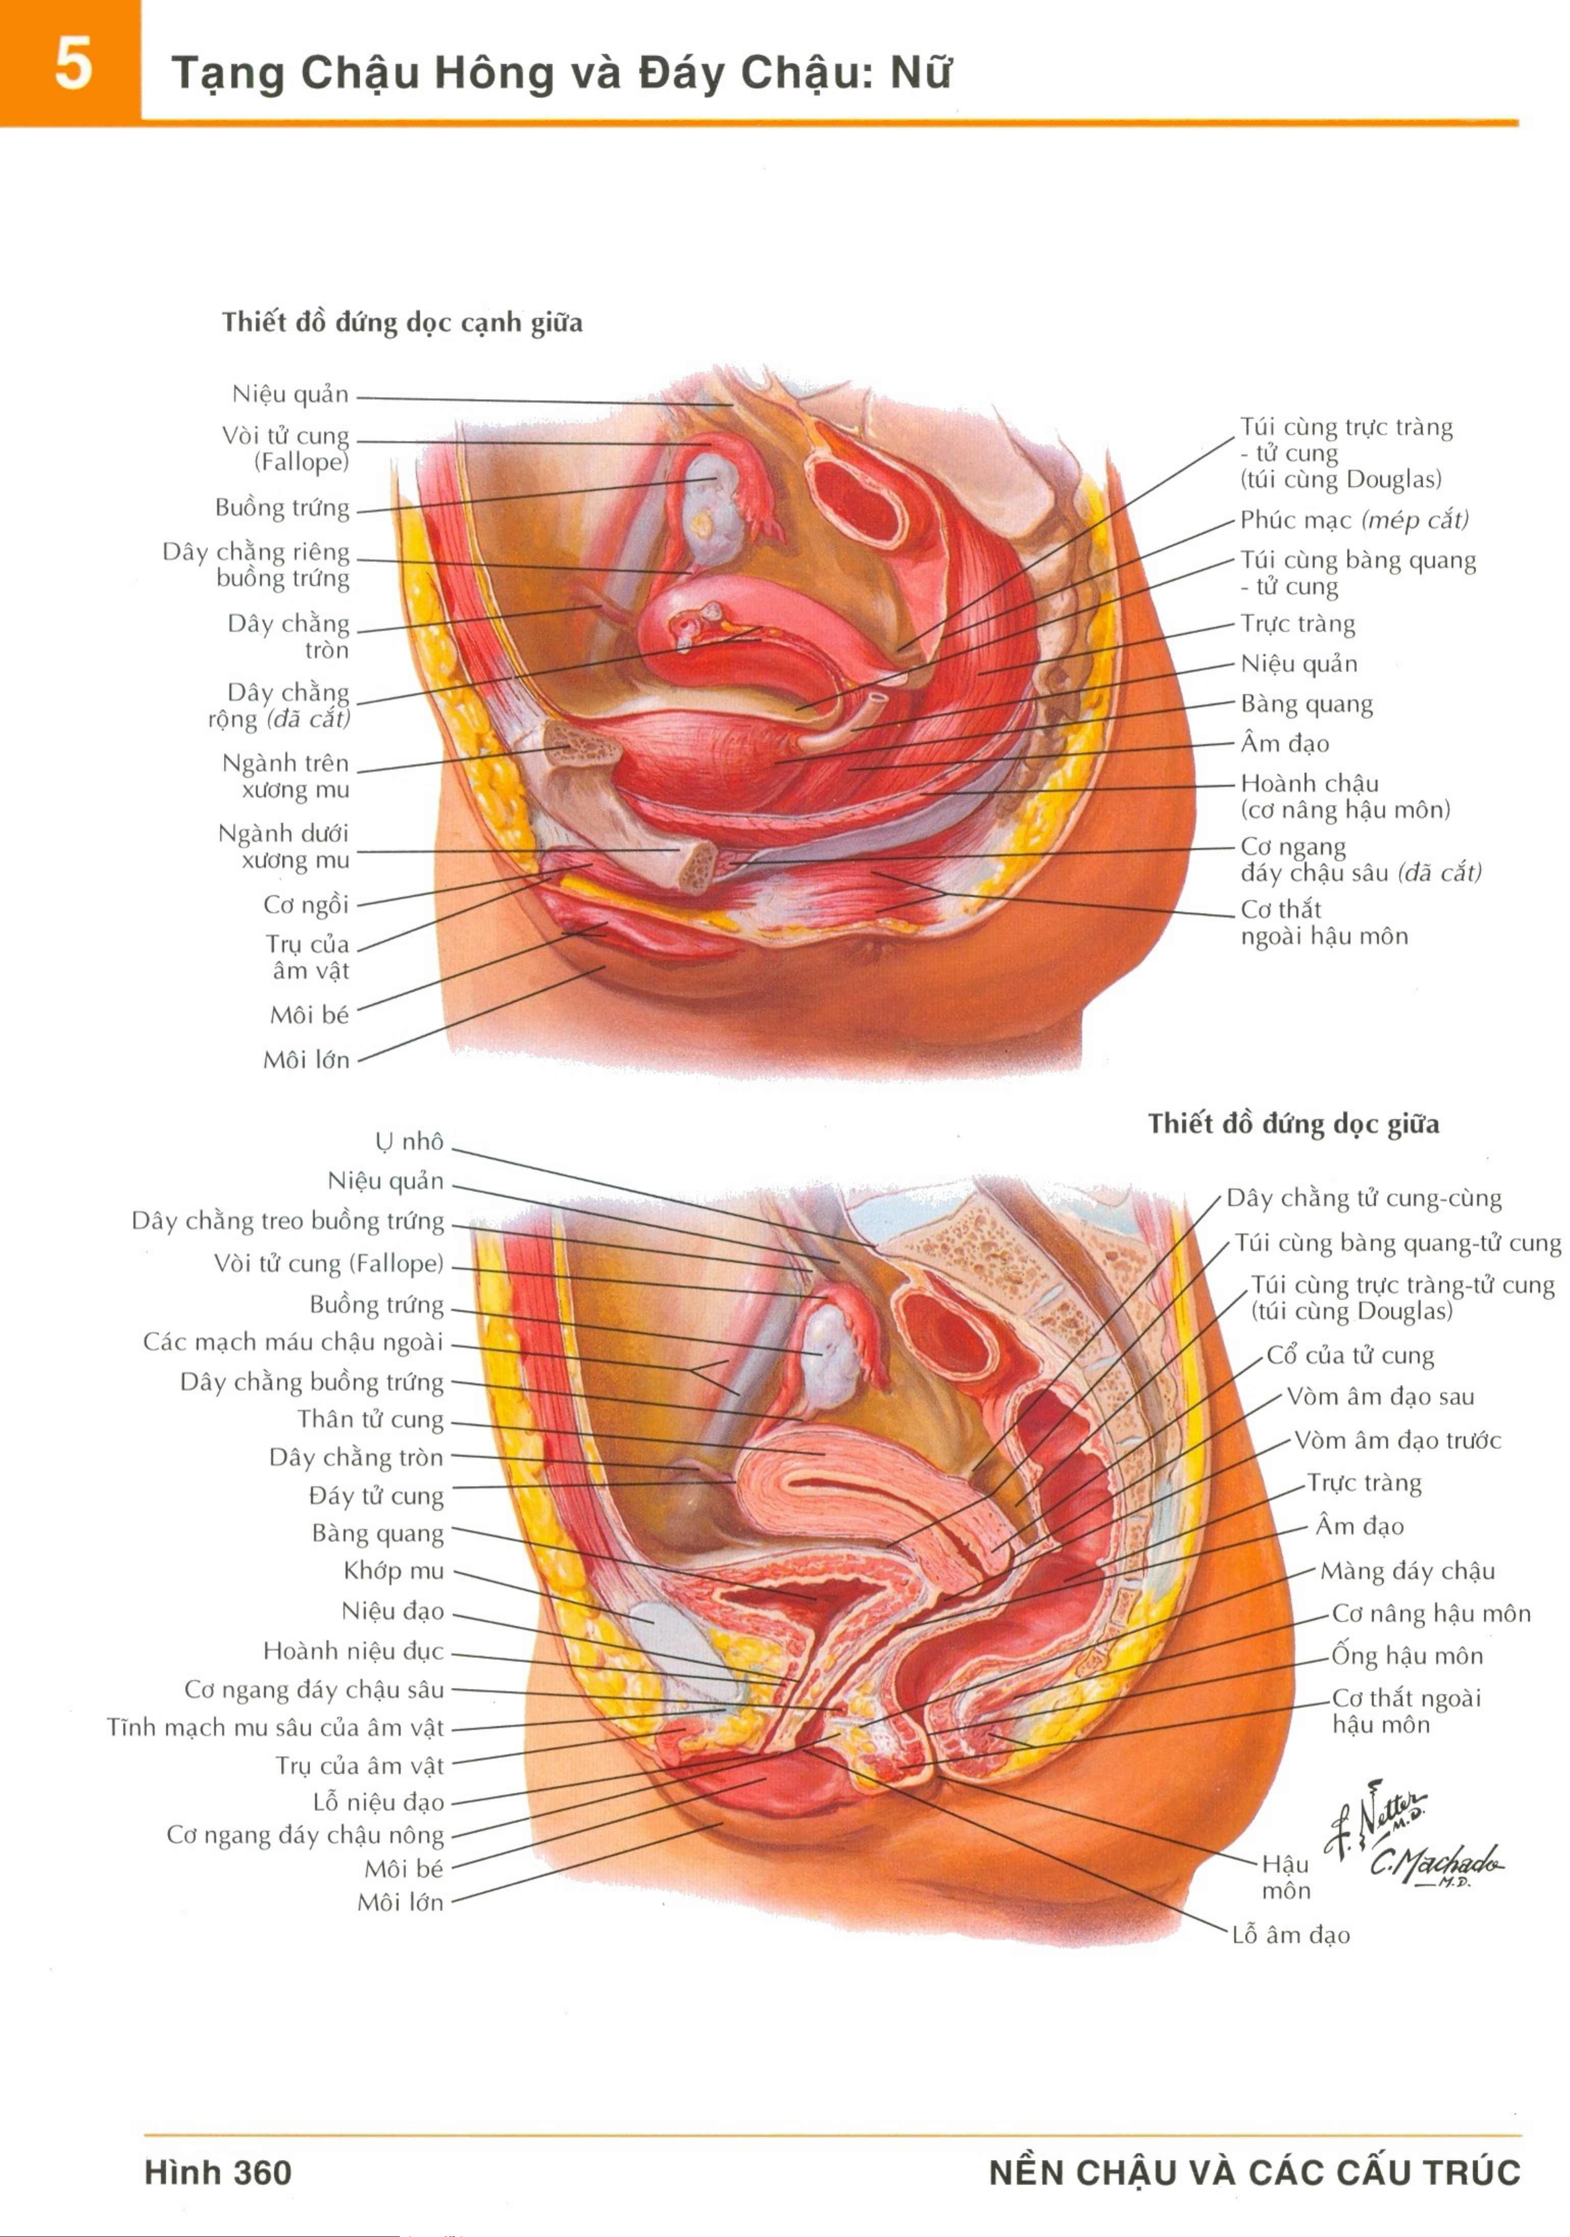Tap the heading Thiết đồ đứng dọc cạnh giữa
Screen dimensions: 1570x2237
coord(401,323)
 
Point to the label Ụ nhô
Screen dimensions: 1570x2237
coord(409,1141)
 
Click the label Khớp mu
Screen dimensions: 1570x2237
coord(394,1570)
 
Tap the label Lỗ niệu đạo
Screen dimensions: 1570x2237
coord(378,1802)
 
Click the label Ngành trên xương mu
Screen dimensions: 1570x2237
coord(286,776)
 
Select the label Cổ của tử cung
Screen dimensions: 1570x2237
coord(1350,1355)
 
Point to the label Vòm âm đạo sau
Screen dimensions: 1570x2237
coord(1380,1396)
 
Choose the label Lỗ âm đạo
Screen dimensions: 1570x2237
coord(1291,1934)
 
